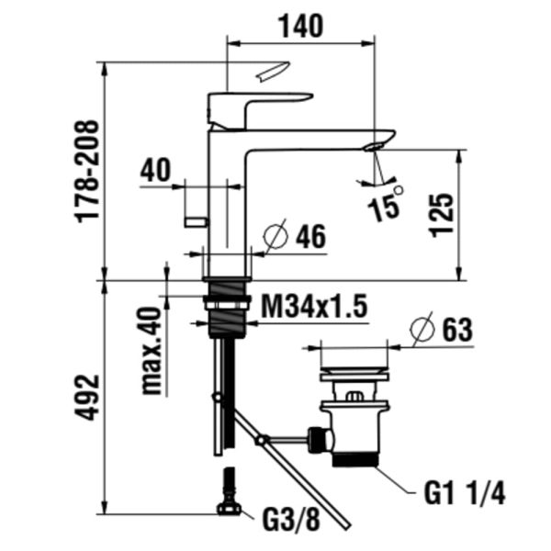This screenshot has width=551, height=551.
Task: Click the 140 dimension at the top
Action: coord(300,26)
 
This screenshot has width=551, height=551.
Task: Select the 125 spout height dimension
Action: coord(442,215)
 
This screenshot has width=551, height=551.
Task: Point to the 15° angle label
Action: coord(386,205)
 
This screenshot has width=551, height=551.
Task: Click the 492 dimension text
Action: coord(86,397)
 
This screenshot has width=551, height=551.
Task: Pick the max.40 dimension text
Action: coord(152,351)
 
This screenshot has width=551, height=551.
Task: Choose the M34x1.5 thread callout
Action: coord(314,306)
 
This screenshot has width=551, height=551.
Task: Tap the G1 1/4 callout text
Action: coord(465,493)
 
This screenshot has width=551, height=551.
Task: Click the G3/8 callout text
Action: coord(291,521)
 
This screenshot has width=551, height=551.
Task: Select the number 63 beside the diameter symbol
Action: coord(457,330)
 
